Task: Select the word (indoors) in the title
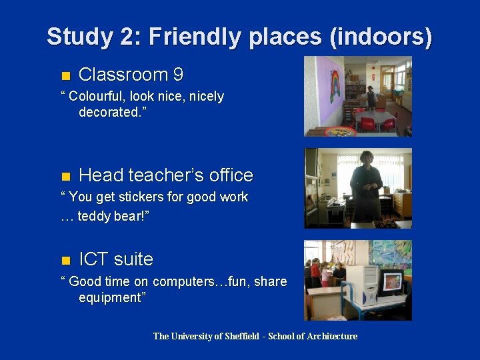point(381,37)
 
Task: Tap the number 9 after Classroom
point(177,75)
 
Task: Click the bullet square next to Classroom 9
point(65,75)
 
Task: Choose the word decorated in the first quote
point(107,112)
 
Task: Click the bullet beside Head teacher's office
point(65,176)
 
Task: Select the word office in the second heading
point(227,175)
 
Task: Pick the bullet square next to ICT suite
point(65,260)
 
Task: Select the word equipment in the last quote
point(111,297)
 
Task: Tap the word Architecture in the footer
point(331,336)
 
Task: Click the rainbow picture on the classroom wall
point(334,87)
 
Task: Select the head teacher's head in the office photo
point(367,159)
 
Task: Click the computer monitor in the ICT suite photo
point(392,282)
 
